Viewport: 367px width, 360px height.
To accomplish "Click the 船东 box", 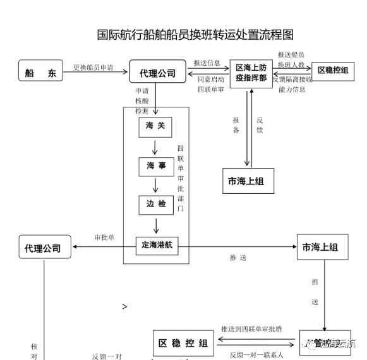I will point(41,73).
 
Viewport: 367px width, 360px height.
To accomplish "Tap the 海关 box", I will point(155,126).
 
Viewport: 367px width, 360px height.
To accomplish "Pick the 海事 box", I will point(155,165).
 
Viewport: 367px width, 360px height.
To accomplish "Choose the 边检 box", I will point(155,205).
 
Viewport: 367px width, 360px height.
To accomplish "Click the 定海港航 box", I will point(154,245).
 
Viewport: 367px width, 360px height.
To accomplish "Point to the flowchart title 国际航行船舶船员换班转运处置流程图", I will point(195,34).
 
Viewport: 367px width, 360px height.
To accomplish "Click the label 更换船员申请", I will point(93,68).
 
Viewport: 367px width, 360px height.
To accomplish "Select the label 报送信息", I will point(207,63).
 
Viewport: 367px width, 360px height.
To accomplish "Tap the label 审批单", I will point(104,237).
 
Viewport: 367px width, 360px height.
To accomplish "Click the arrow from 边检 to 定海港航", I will point(155,225).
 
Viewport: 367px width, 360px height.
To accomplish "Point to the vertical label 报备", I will point(236,124).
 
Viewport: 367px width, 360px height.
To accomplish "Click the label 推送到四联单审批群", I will point(251,329).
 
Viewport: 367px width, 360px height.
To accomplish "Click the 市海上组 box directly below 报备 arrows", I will point(246,182).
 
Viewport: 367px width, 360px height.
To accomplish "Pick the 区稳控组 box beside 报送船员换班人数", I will point(333,70).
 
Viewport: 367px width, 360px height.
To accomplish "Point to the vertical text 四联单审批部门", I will point(181,177).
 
